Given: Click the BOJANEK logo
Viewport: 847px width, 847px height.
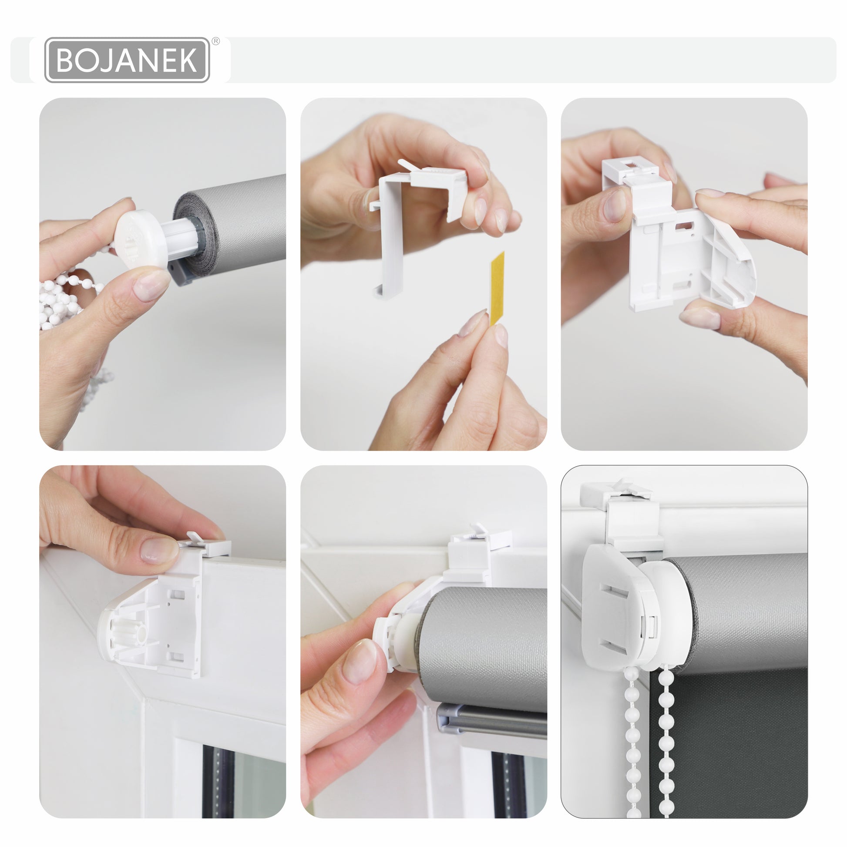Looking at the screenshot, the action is (127, 60).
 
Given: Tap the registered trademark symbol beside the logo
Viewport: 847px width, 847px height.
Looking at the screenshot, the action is (216, 41).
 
